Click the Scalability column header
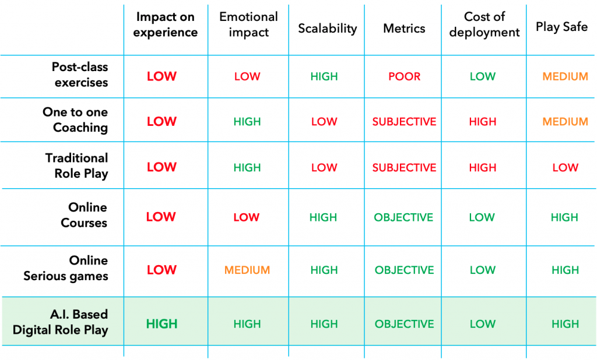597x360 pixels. [x=328, y=29]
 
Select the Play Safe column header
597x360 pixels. [x=561, y=27]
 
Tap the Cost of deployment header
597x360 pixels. [x=484, y=24]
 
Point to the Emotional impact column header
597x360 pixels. [x=248, y=24]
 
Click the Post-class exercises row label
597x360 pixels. [x=80, y=75]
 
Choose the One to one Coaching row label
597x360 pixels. [x=75, y=119]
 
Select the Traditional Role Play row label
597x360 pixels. [x=77, y=165]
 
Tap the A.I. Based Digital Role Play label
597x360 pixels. [x=61, y=322]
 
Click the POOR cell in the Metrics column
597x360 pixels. [x=405, y=76]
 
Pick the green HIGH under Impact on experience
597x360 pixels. [x=162, y=324]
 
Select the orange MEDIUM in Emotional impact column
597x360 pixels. [x=247, y=270]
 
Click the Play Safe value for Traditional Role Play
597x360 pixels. [x=566, y=167]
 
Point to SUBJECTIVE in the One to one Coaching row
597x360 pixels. [x=405, y=122]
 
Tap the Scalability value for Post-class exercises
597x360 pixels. [x=324, y=76]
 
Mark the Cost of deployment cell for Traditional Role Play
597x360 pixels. [x=482, y=167]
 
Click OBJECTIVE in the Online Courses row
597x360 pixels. [x=403, y=217]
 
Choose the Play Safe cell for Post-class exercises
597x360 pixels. [x=566, y=76]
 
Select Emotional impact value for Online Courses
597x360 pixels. [x=247, y=217]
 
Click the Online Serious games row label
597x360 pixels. [x=66, y=268]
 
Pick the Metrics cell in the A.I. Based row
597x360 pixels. [x=405, y=324]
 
